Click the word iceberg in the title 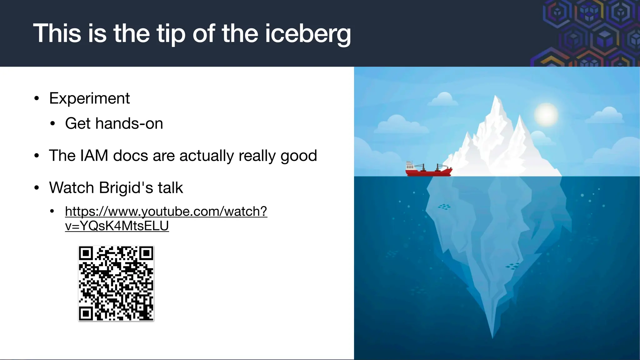click(308, 34)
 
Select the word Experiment click(89, 98)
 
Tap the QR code click(116, 283)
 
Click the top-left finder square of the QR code click(86, 253)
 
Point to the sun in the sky click(546, 114)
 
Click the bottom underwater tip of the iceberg click(492, 337)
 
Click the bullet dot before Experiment click(37, 99)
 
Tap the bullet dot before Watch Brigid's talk click(37, 188)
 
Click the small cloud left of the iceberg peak click(443, 99)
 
